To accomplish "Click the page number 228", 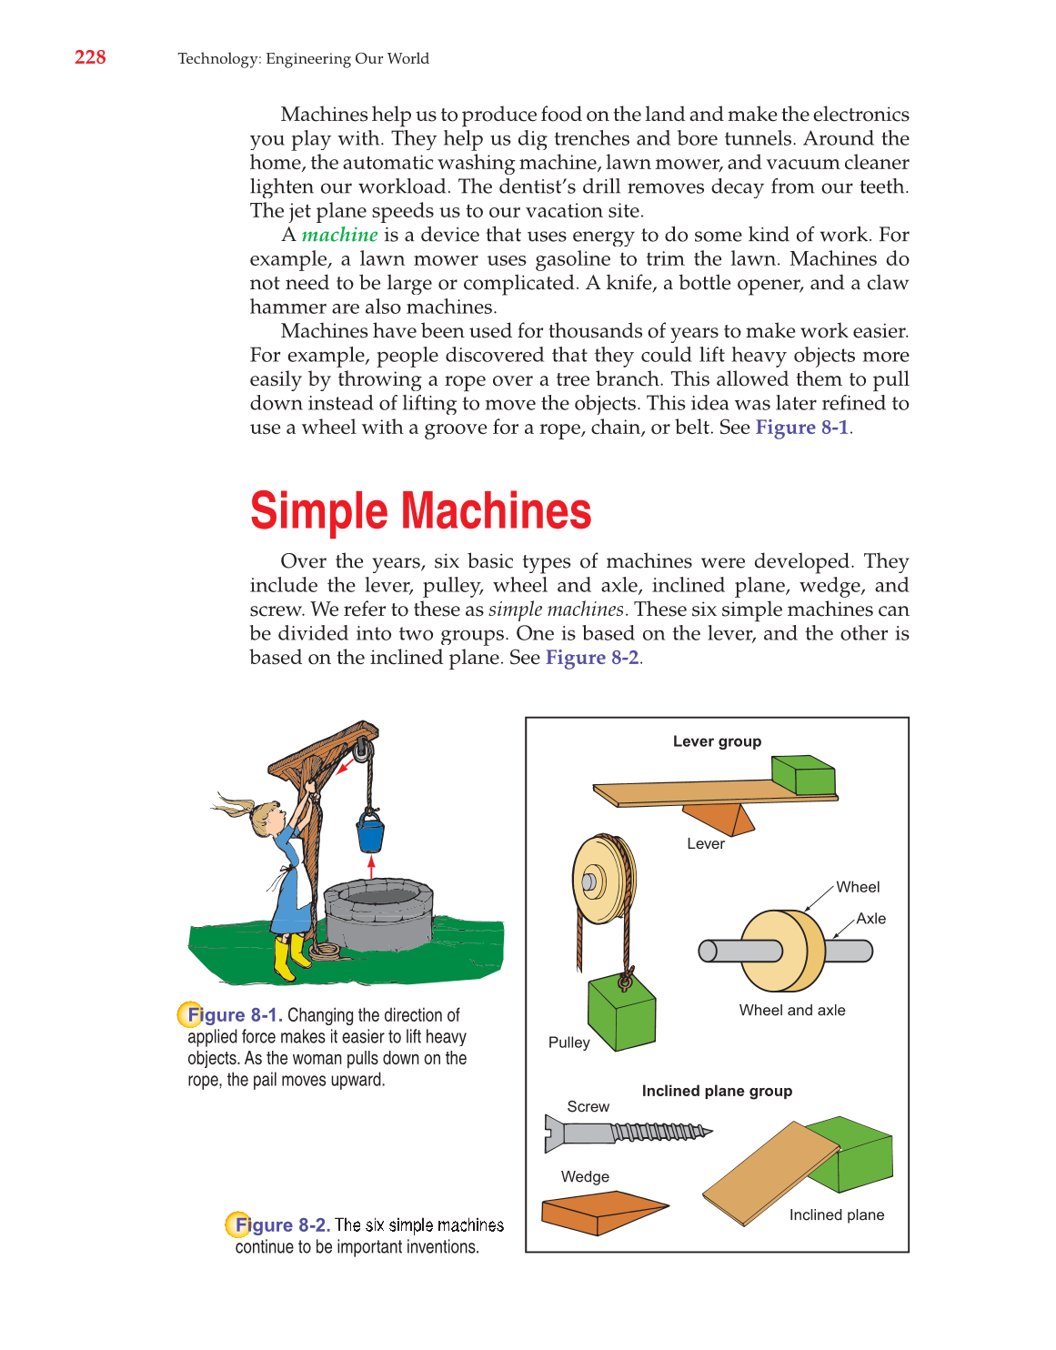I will (90, 57).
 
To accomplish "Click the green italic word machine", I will (339, 235).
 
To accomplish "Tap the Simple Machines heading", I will (420, 510).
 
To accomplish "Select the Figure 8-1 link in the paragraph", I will (801, 428).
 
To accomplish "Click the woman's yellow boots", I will (290, 958).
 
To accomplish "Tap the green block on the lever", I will (802, 774).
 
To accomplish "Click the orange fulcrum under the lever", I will (719, 818).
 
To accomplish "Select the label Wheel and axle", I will (791, 1010).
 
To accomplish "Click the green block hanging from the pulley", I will (621, 1012).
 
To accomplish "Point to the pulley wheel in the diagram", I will (601, 880).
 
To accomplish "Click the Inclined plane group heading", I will (717, 1091).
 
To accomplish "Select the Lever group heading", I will (717, 741).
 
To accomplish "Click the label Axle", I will (870, 919).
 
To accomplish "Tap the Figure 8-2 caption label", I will (281, 1225).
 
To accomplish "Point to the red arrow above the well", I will (371, 866).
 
